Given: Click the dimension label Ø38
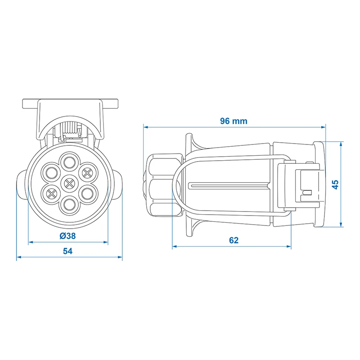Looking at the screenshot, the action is coord(67,236).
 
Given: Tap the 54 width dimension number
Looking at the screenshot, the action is coord(68,251).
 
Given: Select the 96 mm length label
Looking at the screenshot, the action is coord(234,121).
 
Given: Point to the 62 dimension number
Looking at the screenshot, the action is coord(234,240).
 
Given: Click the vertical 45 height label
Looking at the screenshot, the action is coord(335,184).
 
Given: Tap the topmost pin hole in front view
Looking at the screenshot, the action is coord(70,162).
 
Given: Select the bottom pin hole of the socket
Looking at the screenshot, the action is coord(69,204).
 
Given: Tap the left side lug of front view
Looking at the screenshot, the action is coord(22,185).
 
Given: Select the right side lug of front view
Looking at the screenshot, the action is coord(117,185).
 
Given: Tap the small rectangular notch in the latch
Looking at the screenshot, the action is coord(308,193).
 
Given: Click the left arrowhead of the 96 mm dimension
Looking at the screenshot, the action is coord(145,127).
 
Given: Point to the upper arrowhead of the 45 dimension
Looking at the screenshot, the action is coord(342,144).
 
